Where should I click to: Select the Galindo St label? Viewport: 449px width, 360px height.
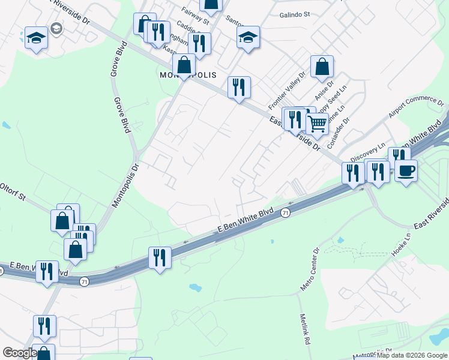coord(294,14)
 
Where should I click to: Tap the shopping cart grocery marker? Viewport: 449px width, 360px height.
coord(318,124)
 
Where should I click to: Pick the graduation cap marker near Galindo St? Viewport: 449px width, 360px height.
coord(248,37)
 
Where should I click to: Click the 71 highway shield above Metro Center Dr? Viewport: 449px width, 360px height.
coord(286,213)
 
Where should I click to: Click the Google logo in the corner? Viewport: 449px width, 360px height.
coord(19,353)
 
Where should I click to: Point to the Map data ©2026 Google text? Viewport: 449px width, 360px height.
coord(412,355)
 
